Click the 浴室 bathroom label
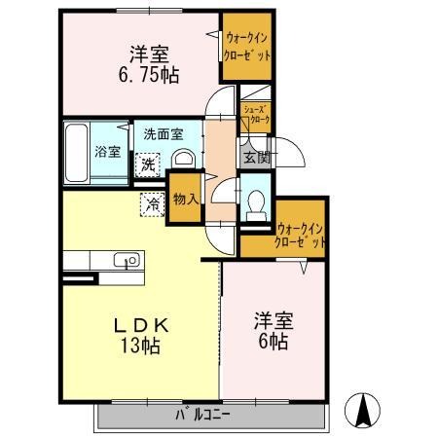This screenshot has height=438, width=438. pos(107,151)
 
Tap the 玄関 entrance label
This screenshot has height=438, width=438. pos(252,156)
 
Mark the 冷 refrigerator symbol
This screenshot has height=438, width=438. pos(153,204)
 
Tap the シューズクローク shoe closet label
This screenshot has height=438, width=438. pos(255,115)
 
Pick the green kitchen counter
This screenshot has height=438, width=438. pos(102,260)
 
